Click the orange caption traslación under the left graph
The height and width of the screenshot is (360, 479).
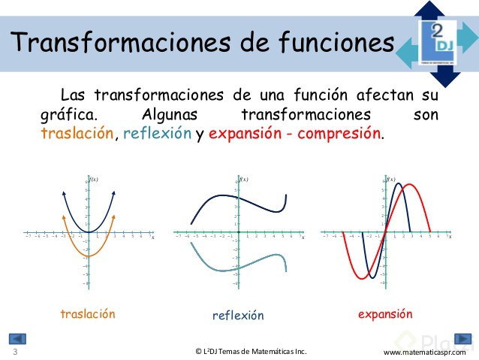tap(88, 314)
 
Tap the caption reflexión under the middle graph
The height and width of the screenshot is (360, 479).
tap(238, 316)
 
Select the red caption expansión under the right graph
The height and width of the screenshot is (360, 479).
tap(385, 314)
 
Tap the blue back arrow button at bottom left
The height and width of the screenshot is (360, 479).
tap(17, 339)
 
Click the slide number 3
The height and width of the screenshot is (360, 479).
tap(15, 352)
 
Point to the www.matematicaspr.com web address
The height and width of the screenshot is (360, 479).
tap(424, 352)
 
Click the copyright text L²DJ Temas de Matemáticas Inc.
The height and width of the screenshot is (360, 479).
tap(251, 351)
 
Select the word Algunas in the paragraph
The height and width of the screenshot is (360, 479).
tap(173, 116)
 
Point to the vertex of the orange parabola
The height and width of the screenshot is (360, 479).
tap(89, 257)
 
